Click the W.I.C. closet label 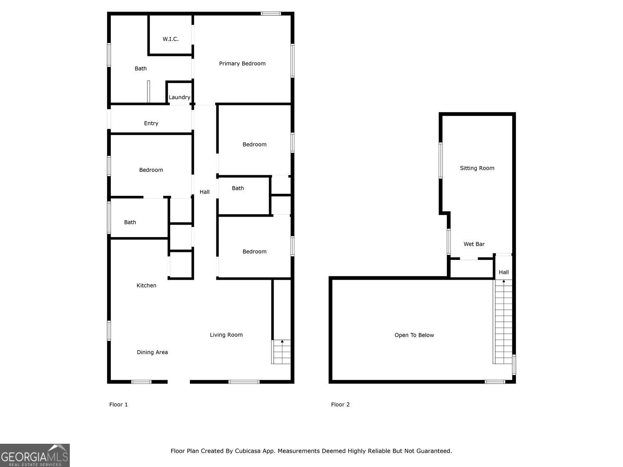click(x=170, y=39)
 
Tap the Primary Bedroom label click(x=242, y=64)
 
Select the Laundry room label click(x=179, y=97)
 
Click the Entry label click(x=151, y=123)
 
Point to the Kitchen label click(x=146, y=286)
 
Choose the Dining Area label click(x=152, y=352)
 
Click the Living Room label click(x=226, y=335)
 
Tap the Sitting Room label click(x=477, y=168)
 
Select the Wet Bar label click(x=474, y=244)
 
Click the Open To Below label click(x=414, y=335)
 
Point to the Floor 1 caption click(x=118, y=405)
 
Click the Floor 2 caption click(x=340, y=405)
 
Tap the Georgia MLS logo click(x=35, y=456)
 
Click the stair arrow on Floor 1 click(x=282, y=342)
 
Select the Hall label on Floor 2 click(x=503, y=272)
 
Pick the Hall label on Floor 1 click(x=204, y=192)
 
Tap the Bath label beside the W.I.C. click(x=140, y=68)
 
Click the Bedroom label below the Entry click(x=151, y=170)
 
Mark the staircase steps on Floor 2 click(x=503, y=324)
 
